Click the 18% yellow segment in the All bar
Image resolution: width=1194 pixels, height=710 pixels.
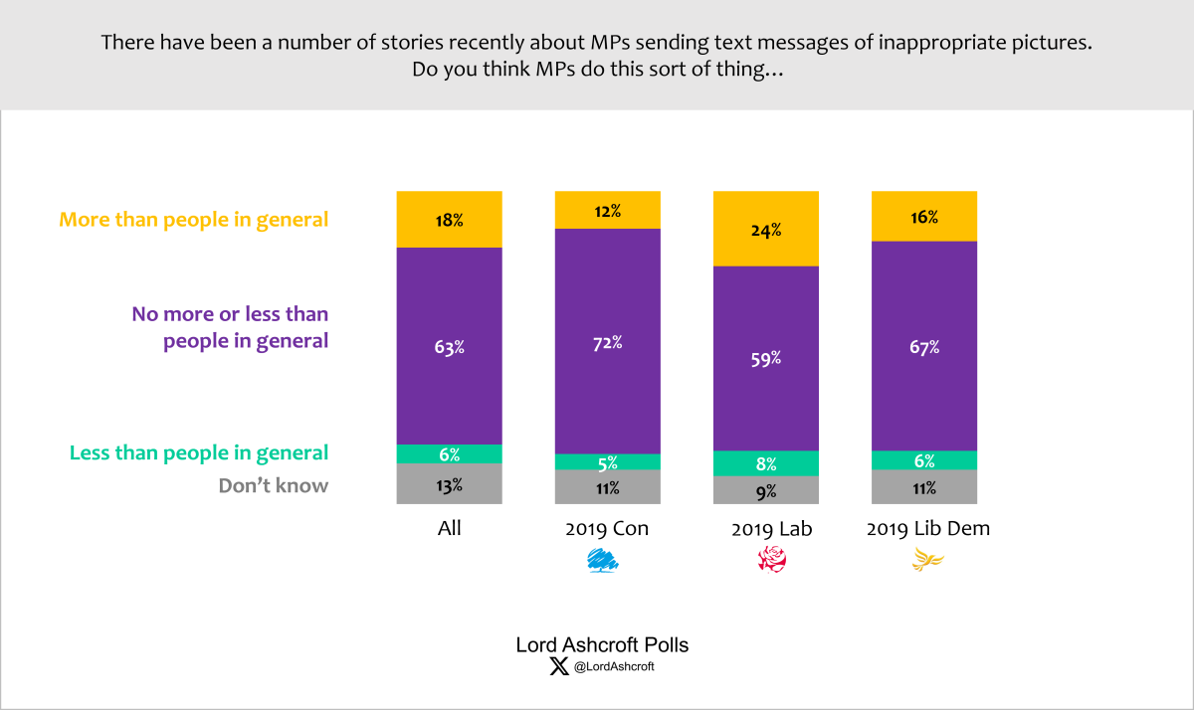tap(449, 219)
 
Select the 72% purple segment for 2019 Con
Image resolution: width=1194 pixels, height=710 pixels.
tap(607, 341)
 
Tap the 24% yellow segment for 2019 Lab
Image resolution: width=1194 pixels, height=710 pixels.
tap(766, 229)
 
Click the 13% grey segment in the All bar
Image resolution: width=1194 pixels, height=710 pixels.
tap(449, 484)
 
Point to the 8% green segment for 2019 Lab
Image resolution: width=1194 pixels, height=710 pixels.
tap(766, 463)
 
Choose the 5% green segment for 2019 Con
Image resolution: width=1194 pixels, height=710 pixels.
tap(607, 461)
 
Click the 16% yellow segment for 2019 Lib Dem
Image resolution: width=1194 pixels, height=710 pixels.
tap(924, 216)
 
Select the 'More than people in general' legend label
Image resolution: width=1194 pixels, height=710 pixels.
tap(194, 220)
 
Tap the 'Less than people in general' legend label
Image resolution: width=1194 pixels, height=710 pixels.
tap(199, 453)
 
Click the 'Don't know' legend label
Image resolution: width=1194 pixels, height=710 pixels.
tap(274, 486)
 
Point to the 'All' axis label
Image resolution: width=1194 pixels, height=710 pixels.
tap(450, 529)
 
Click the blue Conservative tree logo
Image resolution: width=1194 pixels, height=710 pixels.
tap(606, 562)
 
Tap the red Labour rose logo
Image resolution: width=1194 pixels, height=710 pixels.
tap(771, 562)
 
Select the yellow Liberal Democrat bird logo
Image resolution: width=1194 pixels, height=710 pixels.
tap(927, 563)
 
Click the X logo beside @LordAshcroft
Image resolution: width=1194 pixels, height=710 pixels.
tap(559, 667)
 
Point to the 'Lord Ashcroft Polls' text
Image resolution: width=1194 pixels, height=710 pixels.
tap(602, 644)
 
